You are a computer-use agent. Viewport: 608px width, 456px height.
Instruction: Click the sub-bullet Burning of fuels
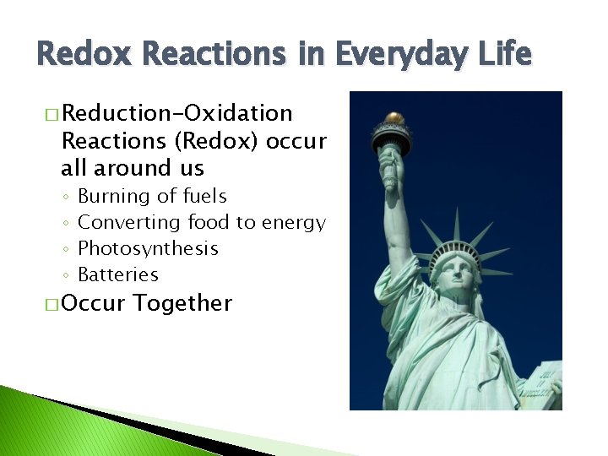pos(152,196)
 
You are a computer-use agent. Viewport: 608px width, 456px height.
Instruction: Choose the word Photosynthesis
pos(148,248)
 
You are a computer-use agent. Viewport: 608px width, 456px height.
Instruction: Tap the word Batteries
pos(117,274)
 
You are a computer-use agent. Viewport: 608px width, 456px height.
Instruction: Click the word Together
pos(182,303)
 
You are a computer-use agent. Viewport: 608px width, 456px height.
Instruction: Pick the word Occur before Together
pos(94,303)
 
